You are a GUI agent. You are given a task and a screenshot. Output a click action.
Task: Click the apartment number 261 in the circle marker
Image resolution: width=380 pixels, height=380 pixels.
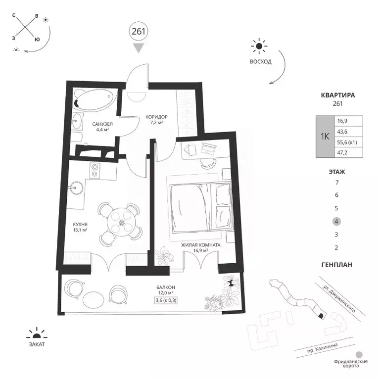click(x=139, y=32)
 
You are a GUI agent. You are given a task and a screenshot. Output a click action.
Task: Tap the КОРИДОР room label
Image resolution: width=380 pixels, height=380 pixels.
click(x=156, y=117)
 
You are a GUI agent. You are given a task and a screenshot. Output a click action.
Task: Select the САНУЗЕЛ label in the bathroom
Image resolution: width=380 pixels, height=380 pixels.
click(x=102, y=124)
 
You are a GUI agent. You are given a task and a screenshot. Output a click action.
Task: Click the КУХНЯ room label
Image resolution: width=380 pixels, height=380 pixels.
click(x=80, y=225)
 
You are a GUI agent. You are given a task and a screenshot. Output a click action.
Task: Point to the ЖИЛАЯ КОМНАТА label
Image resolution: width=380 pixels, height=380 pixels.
click(x=201, y=245)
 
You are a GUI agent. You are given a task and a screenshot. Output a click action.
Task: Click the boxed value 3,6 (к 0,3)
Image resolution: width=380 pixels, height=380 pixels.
click(x=166, y=300)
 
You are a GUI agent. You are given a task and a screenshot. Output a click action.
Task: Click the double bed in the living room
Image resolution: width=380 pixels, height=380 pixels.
click(x=200, y=207)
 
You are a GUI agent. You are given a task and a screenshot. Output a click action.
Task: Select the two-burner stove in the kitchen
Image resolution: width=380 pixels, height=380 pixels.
click(x=95, y=171)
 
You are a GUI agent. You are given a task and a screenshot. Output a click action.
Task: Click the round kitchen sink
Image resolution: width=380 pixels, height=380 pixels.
click(x=76, y=188)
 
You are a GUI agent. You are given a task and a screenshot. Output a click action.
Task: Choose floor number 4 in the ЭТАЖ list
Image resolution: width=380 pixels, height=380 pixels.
click(x=336, y=221)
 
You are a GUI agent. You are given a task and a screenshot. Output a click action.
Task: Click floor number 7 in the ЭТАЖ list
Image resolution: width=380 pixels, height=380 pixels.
click(x=336, y=182)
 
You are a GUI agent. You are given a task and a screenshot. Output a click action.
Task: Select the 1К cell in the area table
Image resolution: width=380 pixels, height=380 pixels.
click(x=325, y=137)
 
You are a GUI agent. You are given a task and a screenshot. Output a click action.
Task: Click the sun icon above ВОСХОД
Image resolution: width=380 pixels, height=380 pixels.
click(x=259, y=46)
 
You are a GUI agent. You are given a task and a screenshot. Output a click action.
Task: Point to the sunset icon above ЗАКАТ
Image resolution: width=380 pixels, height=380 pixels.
click(x=37, y=333)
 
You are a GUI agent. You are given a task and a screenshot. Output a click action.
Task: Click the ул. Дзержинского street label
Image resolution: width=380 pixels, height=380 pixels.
click(x=339, y=298)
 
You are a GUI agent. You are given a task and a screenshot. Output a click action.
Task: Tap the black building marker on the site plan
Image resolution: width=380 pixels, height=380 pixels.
click(x=321, y=316)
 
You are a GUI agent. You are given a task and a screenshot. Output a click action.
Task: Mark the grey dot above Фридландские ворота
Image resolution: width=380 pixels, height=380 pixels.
click(x=359, y=355)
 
